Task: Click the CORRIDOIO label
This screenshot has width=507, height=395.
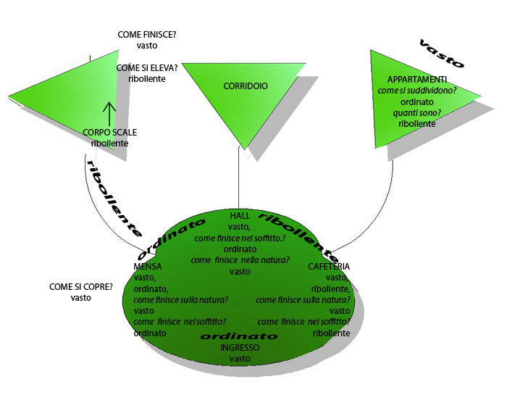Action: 246,86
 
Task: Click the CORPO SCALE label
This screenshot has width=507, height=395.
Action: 110,133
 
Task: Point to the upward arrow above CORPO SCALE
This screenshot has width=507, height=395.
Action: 109,113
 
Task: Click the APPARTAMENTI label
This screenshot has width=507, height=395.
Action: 416,79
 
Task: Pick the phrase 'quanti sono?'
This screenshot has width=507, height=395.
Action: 416,113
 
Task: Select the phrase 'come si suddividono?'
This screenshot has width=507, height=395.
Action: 416,91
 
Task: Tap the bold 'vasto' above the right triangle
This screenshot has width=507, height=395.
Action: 442,54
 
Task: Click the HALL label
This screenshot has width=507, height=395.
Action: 240,216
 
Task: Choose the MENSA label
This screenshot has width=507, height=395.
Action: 148,267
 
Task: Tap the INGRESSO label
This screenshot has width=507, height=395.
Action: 240,348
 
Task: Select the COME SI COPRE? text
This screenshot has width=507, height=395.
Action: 81,287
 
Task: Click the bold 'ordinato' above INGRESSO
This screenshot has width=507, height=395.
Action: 239,336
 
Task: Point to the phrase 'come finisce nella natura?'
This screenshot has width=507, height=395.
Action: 240,260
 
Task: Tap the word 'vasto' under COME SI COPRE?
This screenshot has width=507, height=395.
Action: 81,298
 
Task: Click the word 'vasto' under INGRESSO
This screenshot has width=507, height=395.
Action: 240,359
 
